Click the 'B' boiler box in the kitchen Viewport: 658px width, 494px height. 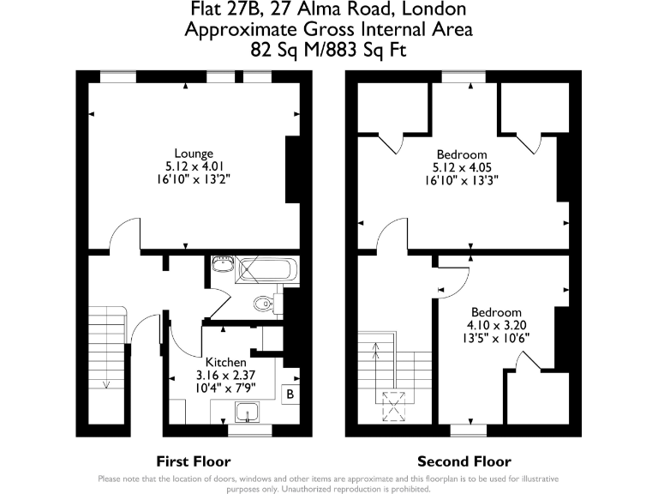[290, 395]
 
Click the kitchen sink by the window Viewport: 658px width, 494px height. [249, 413]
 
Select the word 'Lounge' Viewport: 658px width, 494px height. [188, 154]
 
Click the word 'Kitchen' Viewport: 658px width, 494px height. [225, 363]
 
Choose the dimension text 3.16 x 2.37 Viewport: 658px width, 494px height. [225, 376]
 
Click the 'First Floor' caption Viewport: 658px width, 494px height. [193, 461]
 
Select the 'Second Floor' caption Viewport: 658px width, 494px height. [464, 461]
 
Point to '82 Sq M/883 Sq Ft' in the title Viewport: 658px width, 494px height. [329, 50]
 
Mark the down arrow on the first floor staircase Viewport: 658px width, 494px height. [106, 384]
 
